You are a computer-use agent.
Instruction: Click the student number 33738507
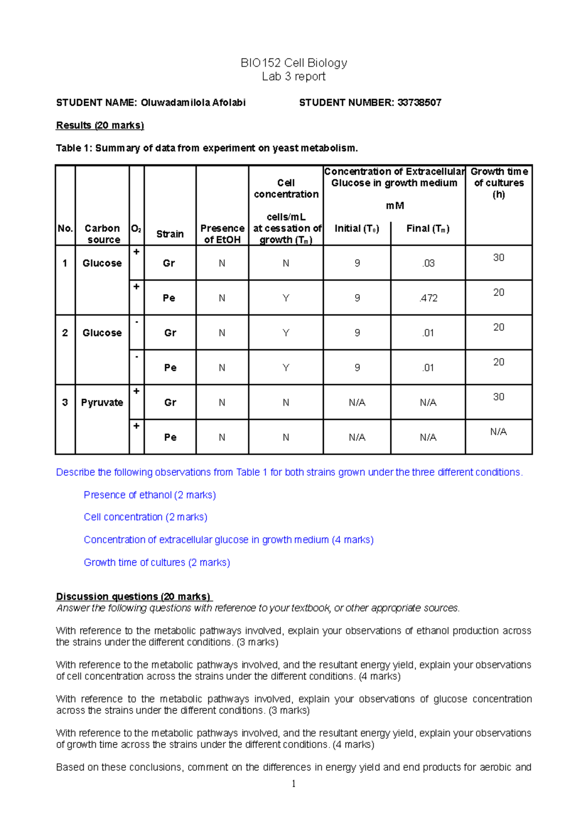click(x=419, y=103)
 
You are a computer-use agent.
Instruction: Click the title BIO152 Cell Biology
click(x=293, y=63)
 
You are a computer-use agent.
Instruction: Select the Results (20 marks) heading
click(x=100, y=125)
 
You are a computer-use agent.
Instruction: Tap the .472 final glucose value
click(x=428, y=298)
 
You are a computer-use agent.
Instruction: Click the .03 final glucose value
click(x=428, y=263)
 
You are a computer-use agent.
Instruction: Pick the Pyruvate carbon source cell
click(x=102, y=402)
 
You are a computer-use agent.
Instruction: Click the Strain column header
click(x=170, y=234)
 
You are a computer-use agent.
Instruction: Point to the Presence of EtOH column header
click(x=222, y=234)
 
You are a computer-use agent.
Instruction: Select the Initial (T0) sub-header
click(x=357, y=229)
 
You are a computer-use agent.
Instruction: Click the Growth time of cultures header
click(x=498, y=183)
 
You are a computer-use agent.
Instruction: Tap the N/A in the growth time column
click(x=498, y=432)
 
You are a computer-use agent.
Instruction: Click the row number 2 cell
click(x=65, y=333)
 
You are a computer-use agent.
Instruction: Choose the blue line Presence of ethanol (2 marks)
click(x=150, y=495)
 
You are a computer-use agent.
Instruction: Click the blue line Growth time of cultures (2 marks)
click(x=157, y=562)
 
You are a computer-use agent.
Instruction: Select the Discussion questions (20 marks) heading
click(x=133, y=597)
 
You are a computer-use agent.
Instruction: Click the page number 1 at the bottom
click(x=293, y=784)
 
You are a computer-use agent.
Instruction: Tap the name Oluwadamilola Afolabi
click(x=193, y=103)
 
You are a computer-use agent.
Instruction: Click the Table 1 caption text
click(x=207, y=148)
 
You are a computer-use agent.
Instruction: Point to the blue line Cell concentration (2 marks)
click(x=145, y=517)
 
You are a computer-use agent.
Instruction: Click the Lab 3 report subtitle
click(x=293, y=77)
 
